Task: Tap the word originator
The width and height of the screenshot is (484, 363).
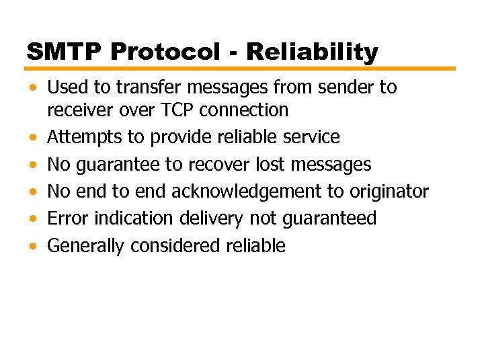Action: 387,192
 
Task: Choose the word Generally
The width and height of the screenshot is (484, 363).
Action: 86,247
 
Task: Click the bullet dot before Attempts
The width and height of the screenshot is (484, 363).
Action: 34,138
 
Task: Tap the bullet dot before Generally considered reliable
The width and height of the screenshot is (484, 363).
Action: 34,247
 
